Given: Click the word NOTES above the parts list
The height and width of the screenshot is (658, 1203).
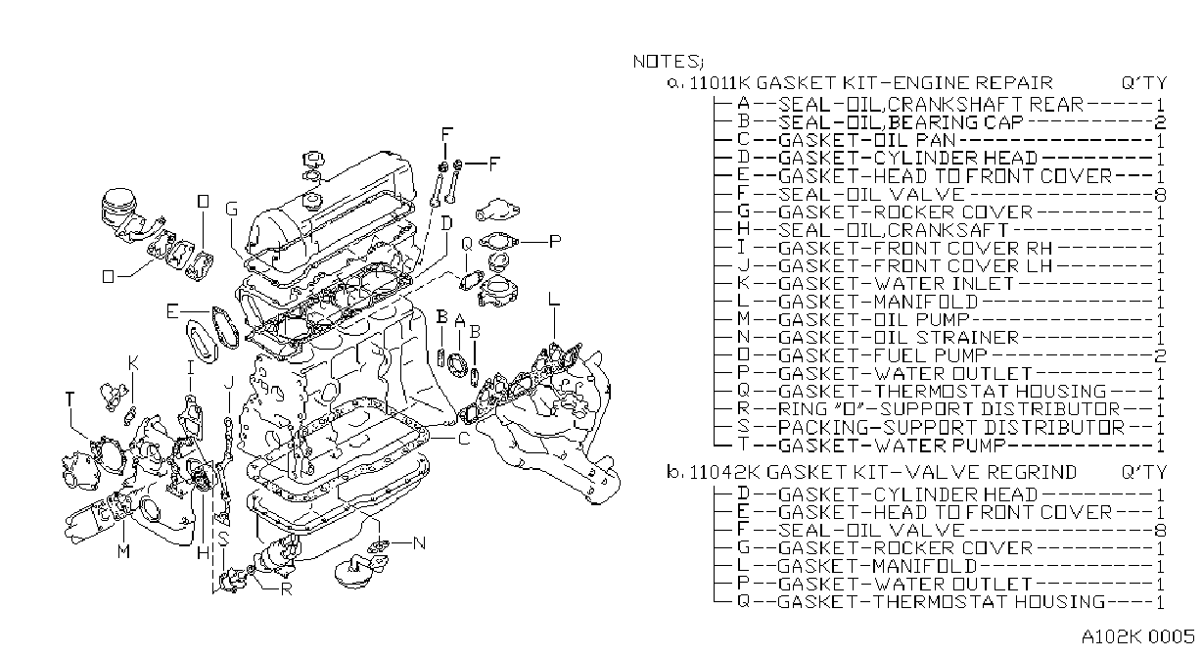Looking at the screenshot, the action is [x=666, y=62].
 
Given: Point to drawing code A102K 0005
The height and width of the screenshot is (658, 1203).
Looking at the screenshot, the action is [x=1137, y=636].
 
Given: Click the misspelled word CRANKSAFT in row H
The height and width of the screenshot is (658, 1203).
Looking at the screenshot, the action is [x=949, y=230].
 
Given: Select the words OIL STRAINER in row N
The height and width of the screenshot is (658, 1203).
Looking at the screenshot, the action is [x=947, y=338].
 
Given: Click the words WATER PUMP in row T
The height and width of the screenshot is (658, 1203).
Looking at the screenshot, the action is [x=940, y=446].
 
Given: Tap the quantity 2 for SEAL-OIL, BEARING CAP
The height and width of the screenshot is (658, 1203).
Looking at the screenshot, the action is [x=1160, y=122].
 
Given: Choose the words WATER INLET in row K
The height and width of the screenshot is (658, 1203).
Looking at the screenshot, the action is [x=944, y=284].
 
